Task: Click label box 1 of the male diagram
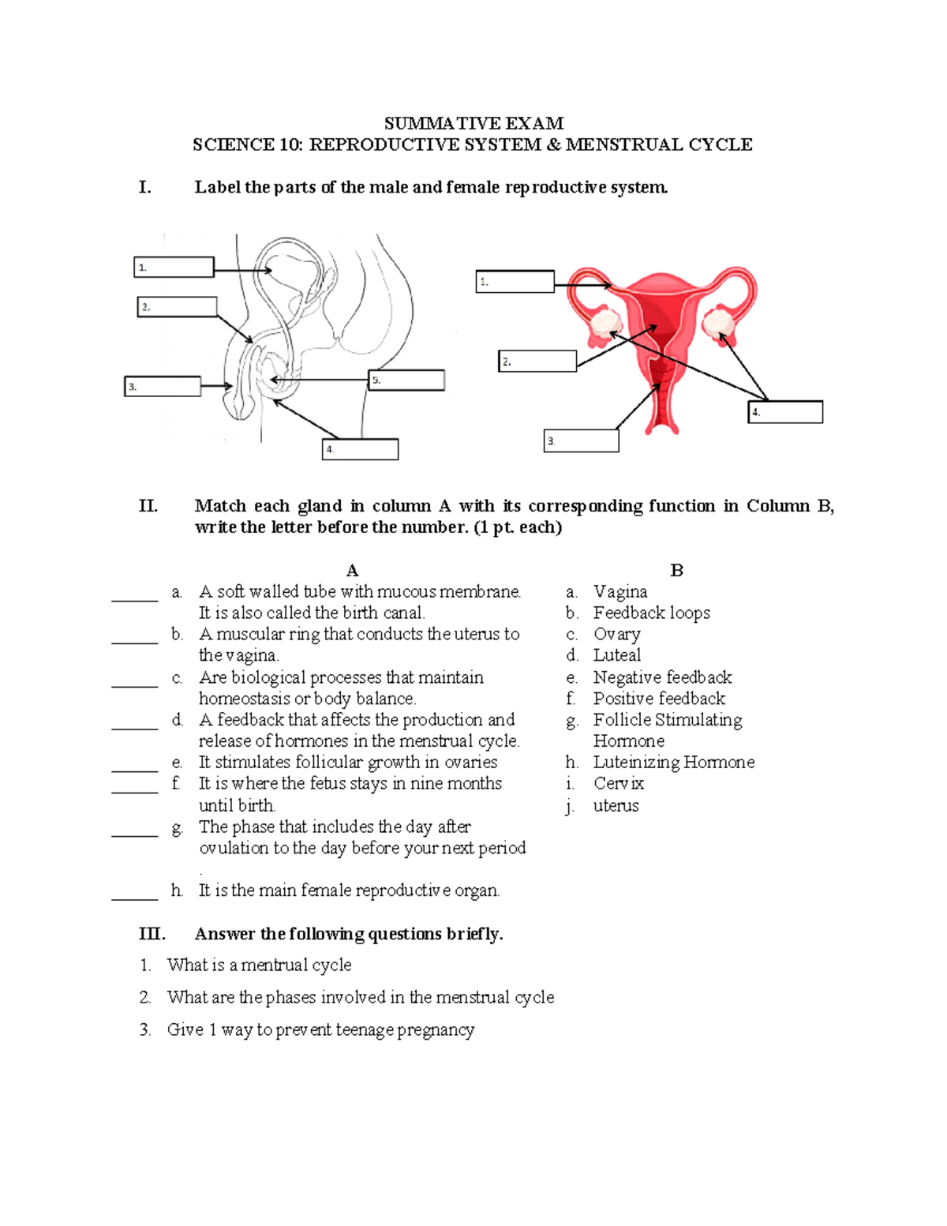pos(174,268)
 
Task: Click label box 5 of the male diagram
pos(407,381)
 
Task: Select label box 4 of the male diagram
pos(361,450)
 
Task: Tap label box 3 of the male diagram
pos(163,387)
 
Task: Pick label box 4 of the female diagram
pos(785,412)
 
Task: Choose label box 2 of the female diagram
pos(537,362)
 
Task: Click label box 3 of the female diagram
pos(582,441)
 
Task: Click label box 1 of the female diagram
pos(515,282)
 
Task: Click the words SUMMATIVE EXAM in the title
pos(473,123)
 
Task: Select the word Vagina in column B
pos(620,591)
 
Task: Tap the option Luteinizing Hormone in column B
pos(673,762)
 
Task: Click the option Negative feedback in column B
pos(662,677)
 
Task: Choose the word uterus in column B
pos(616,805)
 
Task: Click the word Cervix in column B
pos(619,783)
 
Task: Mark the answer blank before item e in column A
pos(135,769)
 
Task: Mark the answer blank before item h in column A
pos(135,897)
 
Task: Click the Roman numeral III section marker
pos(152,934)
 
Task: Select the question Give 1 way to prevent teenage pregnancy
pos(320,1029)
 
